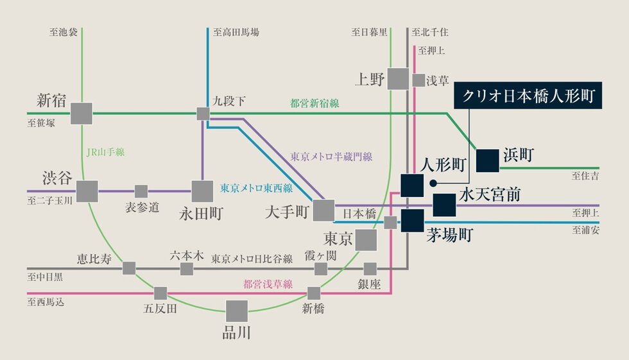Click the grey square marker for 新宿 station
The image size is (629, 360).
point(82,114)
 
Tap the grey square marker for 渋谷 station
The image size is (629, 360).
point(87,191)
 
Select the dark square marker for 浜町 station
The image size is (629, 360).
point(488,160)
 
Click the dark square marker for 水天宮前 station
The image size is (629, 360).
point(444,205)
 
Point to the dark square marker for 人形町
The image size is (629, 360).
point(411,185)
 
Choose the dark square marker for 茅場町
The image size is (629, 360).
point(412,221)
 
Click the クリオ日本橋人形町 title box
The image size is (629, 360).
point(529,98)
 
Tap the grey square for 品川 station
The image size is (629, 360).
point(237,311)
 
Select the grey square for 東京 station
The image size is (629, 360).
point(366,240)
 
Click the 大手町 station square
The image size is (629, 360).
point(324,210)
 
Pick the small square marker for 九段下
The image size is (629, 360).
point(203,114)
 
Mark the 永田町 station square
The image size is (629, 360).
point(202,191)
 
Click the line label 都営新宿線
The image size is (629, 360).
point(314,103)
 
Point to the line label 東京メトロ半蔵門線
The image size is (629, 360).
point(331,156)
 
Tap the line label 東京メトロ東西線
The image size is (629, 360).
point(256,188)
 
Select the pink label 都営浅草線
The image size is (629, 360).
point(268,283)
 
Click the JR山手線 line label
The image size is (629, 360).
point(105,152)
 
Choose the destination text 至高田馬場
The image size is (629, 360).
point(237,31)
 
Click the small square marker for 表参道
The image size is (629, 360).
point(141,191)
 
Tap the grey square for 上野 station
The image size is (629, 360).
point(399,79)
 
